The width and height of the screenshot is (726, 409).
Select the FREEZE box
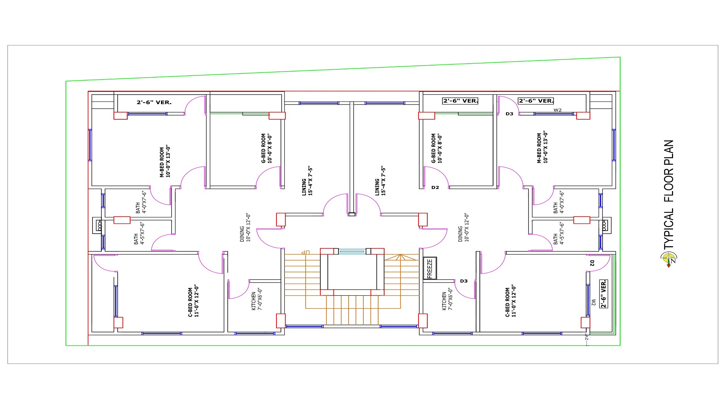click(430, 268)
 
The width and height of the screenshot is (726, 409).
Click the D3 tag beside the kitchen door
click(464, 281)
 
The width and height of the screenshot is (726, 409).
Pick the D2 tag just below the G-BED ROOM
click(435, 187)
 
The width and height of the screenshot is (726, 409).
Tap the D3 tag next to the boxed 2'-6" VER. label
click(509, 114)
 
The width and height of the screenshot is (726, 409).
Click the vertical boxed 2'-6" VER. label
click(603, 294)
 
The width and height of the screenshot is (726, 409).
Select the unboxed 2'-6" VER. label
click(154, 102)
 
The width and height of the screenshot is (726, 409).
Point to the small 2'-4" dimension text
click(586, 336)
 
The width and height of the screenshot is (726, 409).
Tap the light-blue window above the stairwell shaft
click(352, 251)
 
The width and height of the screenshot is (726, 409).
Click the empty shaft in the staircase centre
click(352, 272)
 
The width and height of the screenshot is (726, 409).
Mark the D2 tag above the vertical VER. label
click(592, 263)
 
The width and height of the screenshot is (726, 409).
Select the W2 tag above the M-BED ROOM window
click(557, 110)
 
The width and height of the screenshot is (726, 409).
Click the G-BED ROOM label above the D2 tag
click(437, 148)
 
